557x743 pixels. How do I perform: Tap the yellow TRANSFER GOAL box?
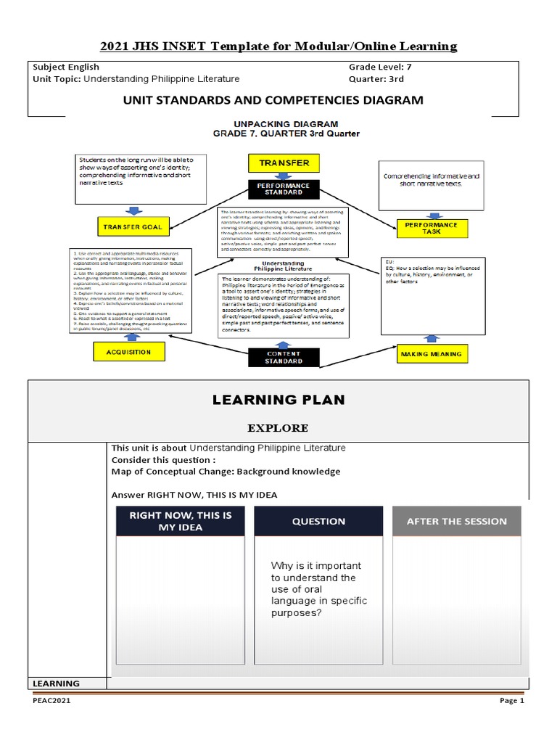(132, 227)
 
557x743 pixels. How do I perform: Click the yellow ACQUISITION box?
(128, 352)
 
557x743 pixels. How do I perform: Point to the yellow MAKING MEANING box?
(431, 353)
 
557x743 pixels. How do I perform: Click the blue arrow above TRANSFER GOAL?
(133, 210)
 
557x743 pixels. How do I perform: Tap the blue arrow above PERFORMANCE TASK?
(434, 215)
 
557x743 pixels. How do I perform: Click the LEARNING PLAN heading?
(278, 400)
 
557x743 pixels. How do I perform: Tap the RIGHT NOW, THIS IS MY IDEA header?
(180, 521)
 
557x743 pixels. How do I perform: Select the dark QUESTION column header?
(318, 521)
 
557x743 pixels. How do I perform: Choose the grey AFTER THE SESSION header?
(456, 521)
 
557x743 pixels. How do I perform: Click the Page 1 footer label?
(511, 701)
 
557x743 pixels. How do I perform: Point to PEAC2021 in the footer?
(51, 701)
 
